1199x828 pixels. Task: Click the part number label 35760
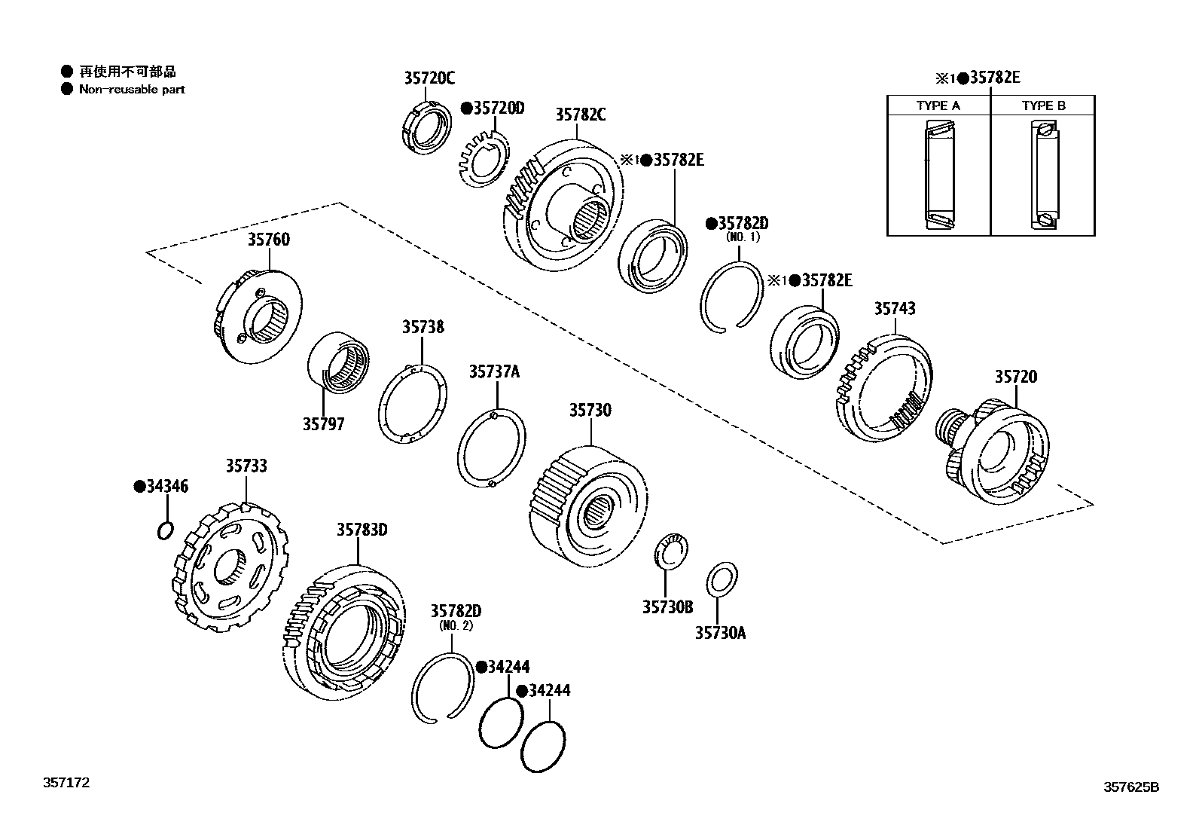point(268,240)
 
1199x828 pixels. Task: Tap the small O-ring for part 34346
point(166,530)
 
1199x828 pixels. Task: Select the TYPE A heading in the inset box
point(938,105)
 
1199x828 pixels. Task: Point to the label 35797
point(323,424)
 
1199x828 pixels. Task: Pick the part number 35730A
point(720,633)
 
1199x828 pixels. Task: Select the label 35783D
point(362,530)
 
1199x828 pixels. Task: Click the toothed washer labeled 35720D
point(481,155)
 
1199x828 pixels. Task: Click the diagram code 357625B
point(1131,787)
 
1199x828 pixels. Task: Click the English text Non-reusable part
point(132,89)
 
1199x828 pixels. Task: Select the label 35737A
point(494,371)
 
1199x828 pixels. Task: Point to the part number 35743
point(895,308)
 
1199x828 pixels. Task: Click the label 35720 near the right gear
point(1015,377)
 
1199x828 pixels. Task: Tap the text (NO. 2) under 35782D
point(456,625)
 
